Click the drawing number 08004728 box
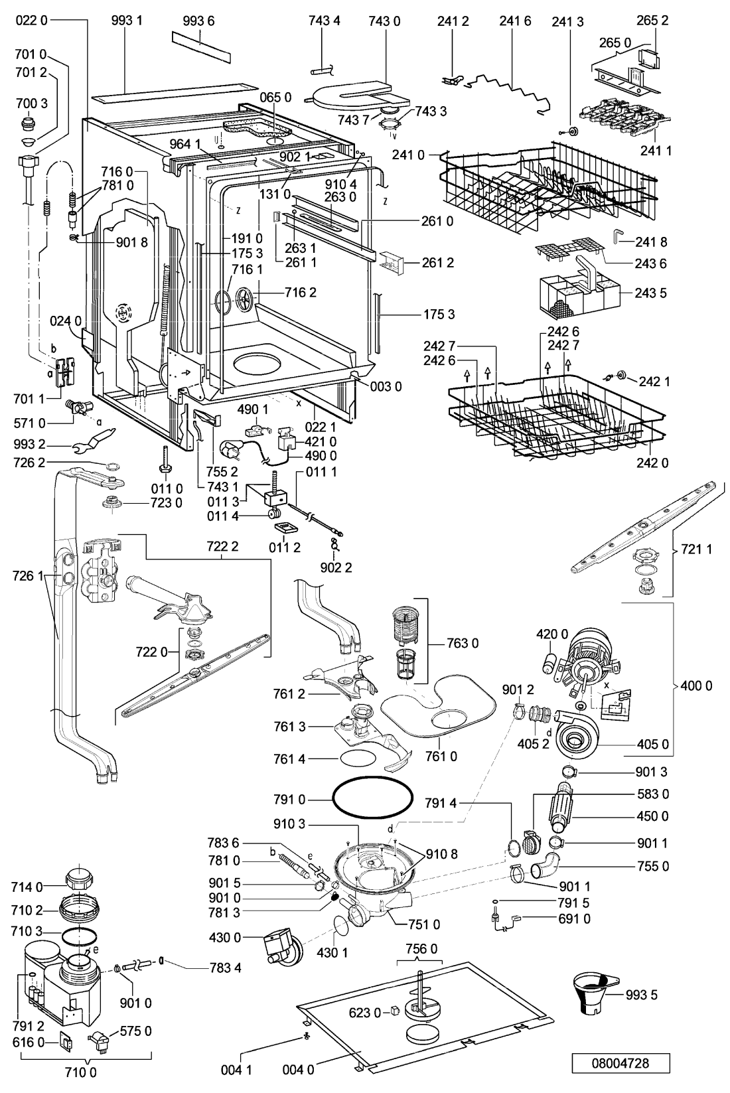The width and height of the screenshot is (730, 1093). tap(620, 1062)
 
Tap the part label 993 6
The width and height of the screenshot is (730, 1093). tap(198, 21)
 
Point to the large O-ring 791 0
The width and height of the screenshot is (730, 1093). tap(372, 799)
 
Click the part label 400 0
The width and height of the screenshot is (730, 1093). tap(696, 686)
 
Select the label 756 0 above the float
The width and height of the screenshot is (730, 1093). tap(421, 949)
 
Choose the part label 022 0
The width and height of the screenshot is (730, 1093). tap(32, 21)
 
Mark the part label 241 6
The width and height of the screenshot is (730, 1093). tap(515, 21)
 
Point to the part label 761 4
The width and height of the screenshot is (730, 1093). tap(289, 759)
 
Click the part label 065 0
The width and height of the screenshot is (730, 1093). tap(275, 98)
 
